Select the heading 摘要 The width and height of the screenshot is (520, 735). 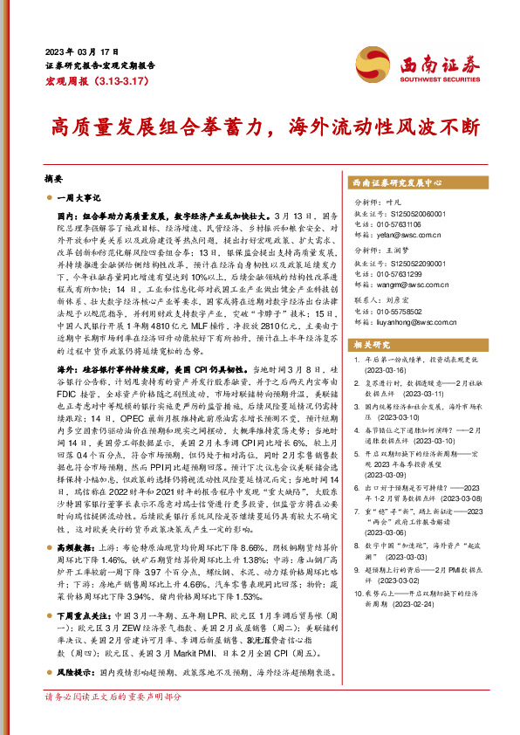pos(53,177)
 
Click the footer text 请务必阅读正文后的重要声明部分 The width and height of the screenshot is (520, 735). pos(113,697)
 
